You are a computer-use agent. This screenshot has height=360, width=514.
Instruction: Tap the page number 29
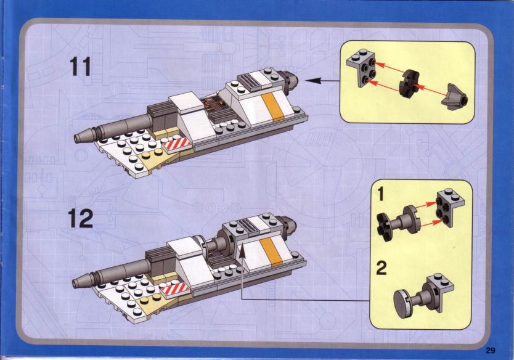click(490, 350)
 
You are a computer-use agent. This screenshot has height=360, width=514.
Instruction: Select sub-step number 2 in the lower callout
click(382, 268)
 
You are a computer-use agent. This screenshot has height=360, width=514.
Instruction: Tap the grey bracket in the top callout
click(362, 72)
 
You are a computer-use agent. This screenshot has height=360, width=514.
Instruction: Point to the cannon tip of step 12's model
click(80, 283)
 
